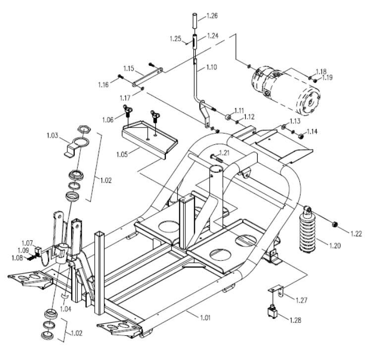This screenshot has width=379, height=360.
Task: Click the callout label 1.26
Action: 212,15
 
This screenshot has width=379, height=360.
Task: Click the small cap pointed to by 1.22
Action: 335,225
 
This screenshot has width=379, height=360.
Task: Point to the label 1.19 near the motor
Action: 328,78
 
